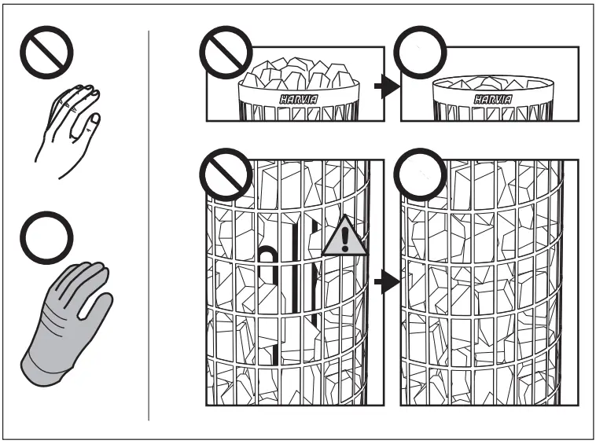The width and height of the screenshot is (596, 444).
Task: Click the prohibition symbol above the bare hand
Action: [x=46, y=54]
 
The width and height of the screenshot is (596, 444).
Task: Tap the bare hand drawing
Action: [x=68, y=126]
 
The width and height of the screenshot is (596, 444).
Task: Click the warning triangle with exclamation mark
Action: [x=344, y=238]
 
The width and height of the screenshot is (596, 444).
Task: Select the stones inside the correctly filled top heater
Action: [x=491, y=83]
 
